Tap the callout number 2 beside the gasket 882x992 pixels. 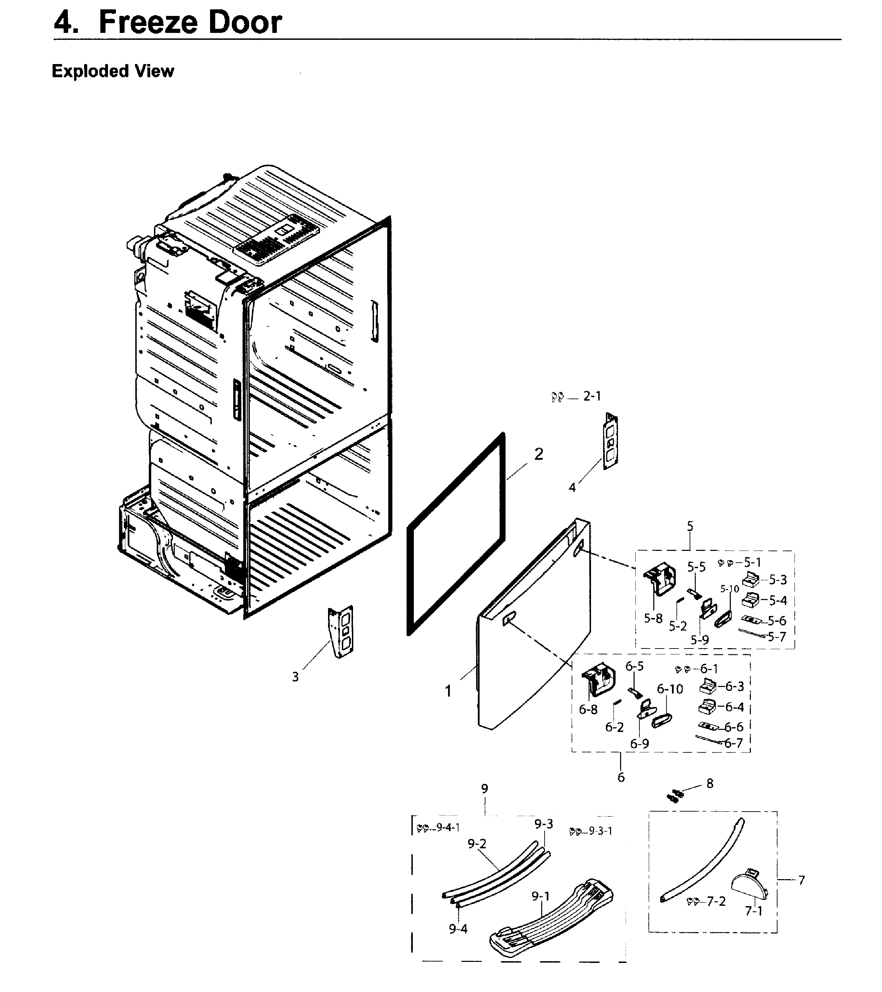click(x=539, y=454)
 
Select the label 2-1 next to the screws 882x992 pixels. click(x=592, y=396)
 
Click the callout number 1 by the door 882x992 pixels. click(x=448, y=691)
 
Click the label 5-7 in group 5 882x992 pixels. click(x=777, y=636)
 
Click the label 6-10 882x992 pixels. click(x=670, y=689)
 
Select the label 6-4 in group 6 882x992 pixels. click(x=734, y=707)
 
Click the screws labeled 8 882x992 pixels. click(x=674, y=795)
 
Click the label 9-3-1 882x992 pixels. click(x=600, y=831)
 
